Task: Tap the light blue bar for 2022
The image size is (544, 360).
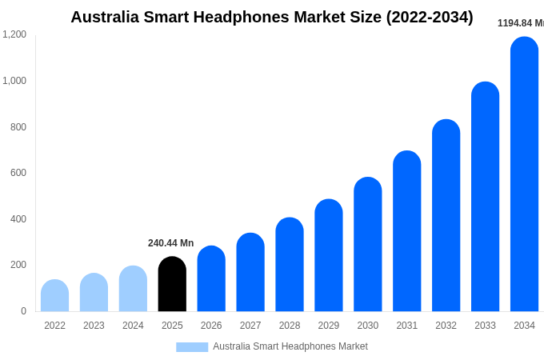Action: pyautogui.click(x=54, y=296)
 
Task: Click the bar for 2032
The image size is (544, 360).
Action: pyautogui.click(x=446, y=216)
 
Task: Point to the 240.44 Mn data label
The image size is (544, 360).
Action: pyautogui.click(x=170, y=243)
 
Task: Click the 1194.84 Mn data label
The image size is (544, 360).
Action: pyautogui.click(x=520, y=23)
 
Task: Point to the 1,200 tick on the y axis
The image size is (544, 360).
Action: pyautogui.click(x=14, y=34)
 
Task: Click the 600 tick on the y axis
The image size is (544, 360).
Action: pyautogui.click(x=18, y=173)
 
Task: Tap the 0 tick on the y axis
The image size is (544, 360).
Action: pyautogui.click(x=23, y=311)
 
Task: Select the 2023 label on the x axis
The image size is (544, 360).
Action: pyautogui.click(x=94, y=326)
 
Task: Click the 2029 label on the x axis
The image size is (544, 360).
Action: pyautogui.click(x=329, y=326)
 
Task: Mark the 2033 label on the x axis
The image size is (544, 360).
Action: pyautogui.click(x=485, y=326)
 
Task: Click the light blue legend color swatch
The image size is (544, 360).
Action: pyautogui.click(x=192, y=347)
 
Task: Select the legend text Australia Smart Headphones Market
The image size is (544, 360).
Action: pyautogui.click(x=290, y=346)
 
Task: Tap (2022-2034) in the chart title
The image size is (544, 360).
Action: pyautogui.click(x=430, y=17)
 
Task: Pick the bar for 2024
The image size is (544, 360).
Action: pyautogui.click(x=133, y=289)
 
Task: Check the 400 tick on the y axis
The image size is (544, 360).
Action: pyautogui.click(x=18, y=219)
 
